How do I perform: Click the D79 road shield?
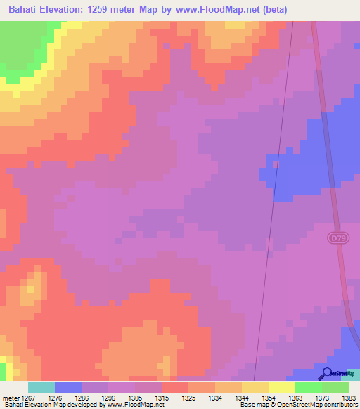pos(335,239)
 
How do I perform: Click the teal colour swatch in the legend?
pos(41,387)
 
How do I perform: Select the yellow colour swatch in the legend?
pos(282,387)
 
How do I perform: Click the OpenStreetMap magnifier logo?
pos(327,373)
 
